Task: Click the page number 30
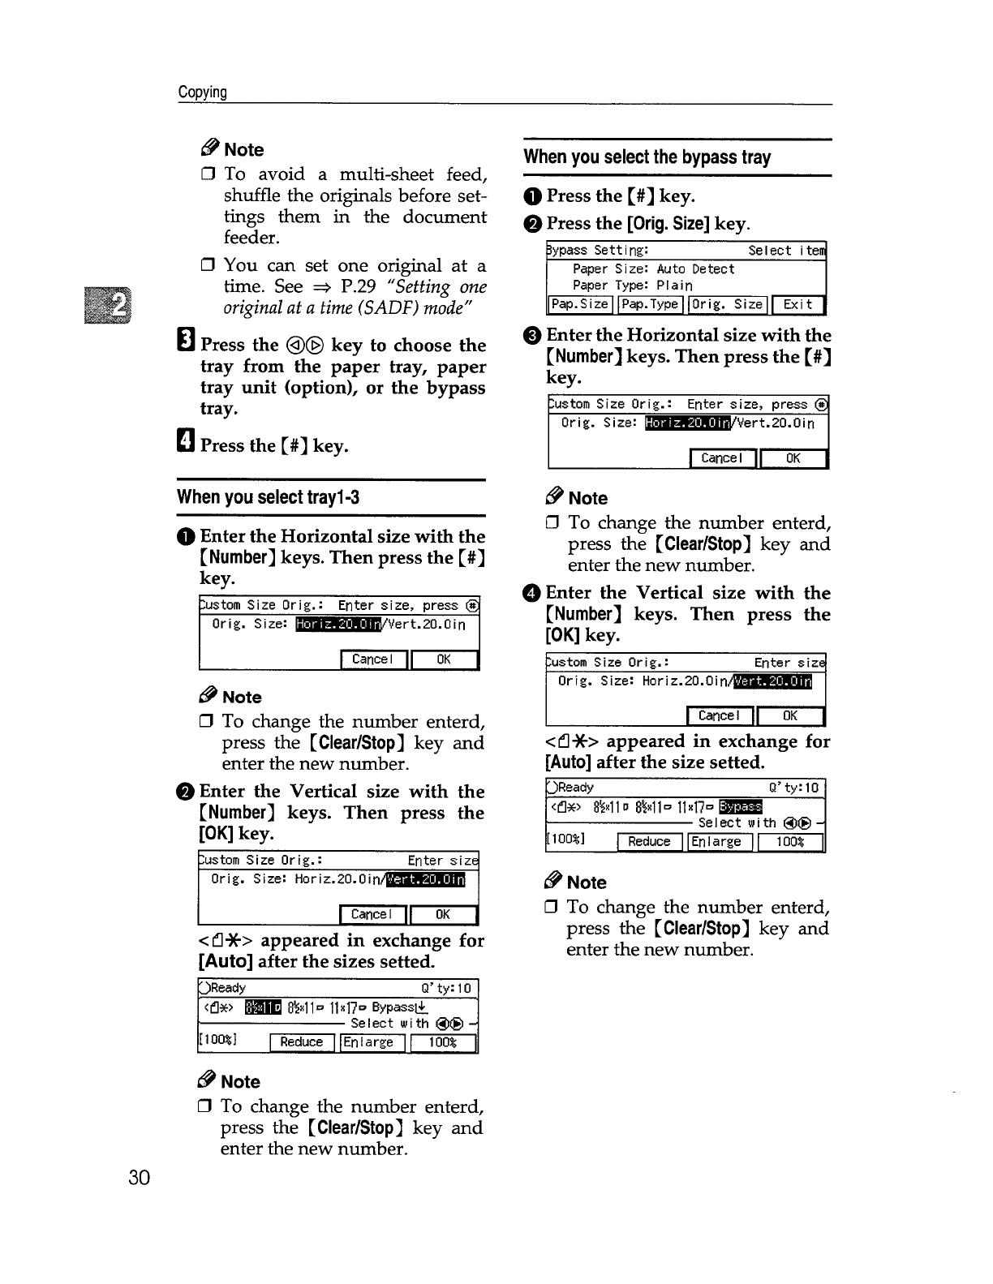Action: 139,1178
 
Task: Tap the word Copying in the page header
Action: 203,92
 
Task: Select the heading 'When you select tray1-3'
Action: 269,497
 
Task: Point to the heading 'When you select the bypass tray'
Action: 647,157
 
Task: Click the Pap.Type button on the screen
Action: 650,304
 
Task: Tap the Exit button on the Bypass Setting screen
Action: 797,304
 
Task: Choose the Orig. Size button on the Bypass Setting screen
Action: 728,304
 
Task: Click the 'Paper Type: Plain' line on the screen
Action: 632,286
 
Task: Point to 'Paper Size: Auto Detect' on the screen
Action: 653,268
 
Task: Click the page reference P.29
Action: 357,286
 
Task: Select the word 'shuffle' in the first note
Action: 252,195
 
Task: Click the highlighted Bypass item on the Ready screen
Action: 741,805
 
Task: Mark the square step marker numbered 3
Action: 184,345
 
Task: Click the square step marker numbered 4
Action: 184,444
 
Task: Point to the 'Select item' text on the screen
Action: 785,251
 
